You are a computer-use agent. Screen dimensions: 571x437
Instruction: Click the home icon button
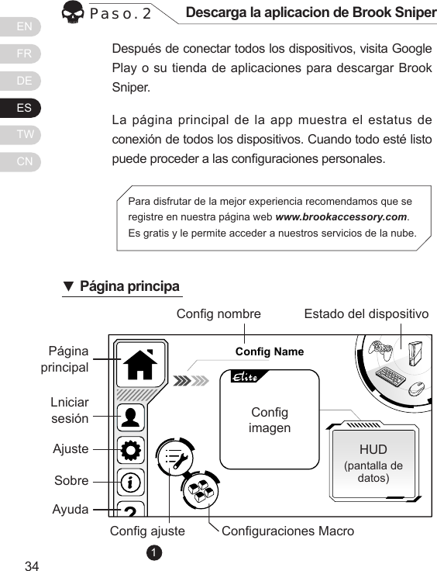(139, 364)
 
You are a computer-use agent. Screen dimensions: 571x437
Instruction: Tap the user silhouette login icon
(131, 417)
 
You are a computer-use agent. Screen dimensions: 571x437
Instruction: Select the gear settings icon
(131, 449)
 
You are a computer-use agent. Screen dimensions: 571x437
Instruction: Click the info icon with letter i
(131, 482)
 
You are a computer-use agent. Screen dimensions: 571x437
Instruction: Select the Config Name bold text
(269, 352)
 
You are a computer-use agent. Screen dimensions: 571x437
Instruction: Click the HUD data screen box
(373, 463)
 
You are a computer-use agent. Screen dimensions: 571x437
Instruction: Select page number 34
(32, 564)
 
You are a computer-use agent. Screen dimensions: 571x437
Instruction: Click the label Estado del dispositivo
(366, 314)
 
